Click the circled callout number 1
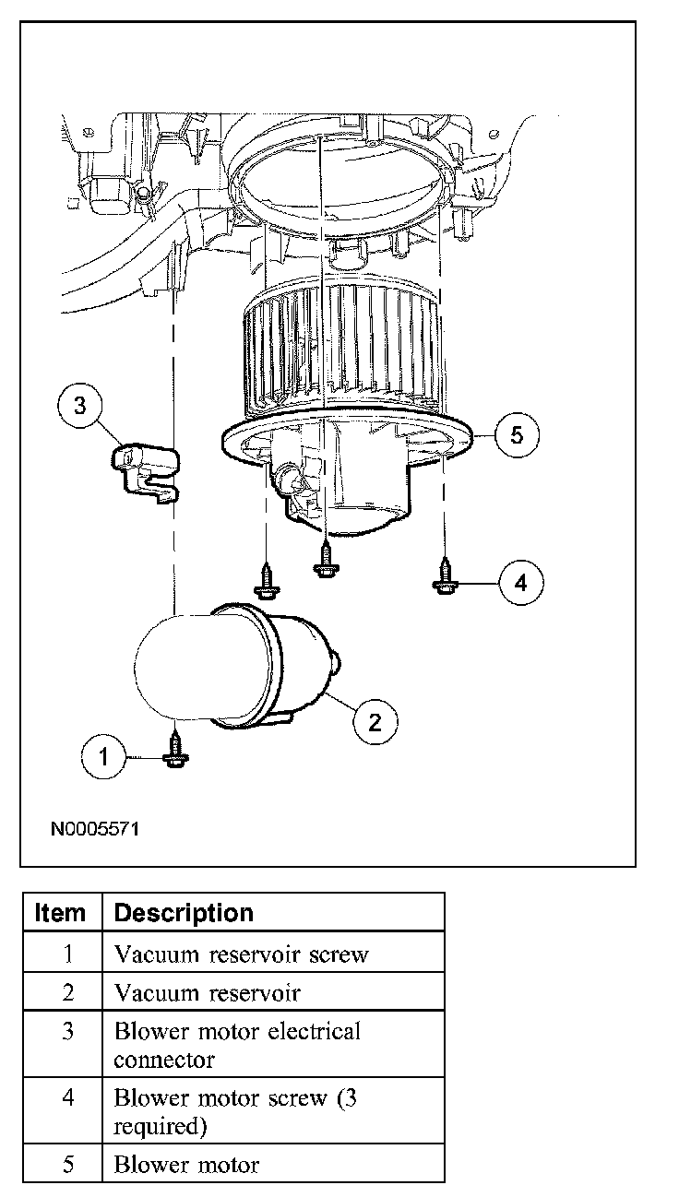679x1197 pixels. (x=103, y=757)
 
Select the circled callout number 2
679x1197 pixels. (x=375, y=721)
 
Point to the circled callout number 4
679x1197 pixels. (x=520, y=583)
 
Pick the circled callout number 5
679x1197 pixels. (x=517, y=434)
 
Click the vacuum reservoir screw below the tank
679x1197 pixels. (x=173, y=750)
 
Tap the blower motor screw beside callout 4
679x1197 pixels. (x=446, y=575)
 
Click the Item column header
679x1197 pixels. (x=61, y=913)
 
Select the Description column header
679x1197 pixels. (x=183, y=913)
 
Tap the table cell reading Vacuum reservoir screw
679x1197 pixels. (x=241, y=954)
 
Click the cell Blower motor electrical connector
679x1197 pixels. (x=237, y=1045)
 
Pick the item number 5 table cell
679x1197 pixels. (x=67, y=1164)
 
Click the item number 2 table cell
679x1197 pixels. (x=67, y=992)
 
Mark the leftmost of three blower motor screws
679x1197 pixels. (x=267, y=579)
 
